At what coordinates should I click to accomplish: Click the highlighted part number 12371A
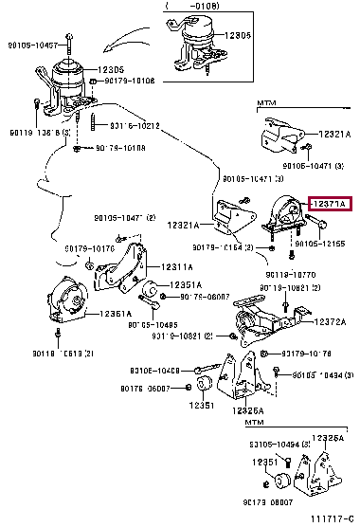(x=327, y=204)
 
